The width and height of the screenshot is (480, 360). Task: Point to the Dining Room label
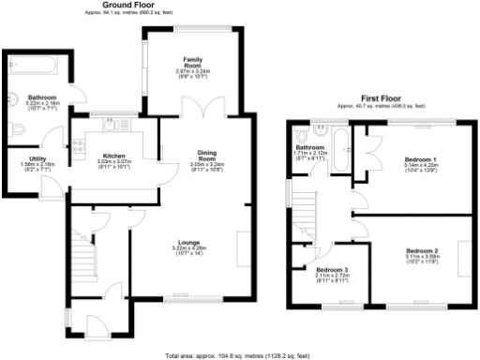pyautogui.click(x=207, y=156)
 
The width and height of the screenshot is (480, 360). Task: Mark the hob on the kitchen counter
pyautogui.click(x=76, y=144)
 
